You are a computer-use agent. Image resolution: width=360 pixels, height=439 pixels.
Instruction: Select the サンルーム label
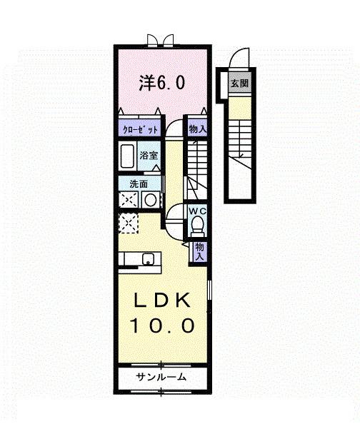161,376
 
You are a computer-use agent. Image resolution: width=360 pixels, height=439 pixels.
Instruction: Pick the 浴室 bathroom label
149,154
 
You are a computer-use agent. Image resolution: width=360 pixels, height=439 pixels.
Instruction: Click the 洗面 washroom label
138,184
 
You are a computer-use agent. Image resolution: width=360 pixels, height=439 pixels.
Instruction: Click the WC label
197,211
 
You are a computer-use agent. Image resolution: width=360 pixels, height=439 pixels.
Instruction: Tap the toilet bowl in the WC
198,227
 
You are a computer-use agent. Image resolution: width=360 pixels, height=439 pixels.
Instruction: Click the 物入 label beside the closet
197,129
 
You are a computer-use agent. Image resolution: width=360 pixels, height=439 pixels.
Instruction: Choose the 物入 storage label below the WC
199,250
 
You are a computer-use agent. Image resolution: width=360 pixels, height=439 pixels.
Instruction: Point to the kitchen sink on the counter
149,258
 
